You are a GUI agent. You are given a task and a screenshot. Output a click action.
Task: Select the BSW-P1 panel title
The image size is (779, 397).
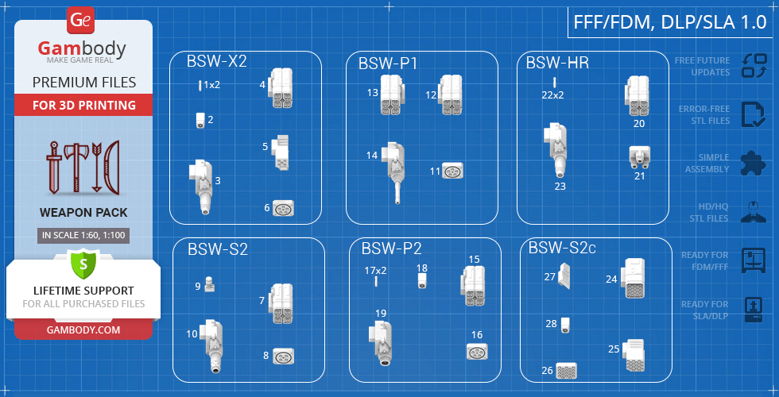tap(387, 64)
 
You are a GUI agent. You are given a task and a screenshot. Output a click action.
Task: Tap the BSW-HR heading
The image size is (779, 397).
tap(557, 63)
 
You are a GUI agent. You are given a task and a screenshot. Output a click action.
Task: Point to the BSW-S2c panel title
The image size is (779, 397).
tap(562, 249)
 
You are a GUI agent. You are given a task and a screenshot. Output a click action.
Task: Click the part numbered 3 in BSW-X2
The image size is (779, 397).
tap(201, 185)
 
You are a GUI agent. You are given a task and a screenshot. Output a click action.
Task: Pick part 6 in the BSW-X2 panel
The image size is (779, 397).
tap(284, 209)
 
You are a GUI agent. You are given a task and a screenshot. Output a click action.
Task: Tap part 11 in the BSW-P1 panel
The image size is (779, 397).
tap(452, 171)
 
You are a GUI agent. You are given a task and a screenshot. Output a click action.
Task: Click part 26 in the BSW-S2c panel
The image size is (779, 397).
tap(566, 371)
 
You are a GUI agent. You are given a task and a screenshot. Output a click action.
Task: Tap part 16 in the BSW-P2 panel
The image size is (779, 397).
tap(477, 351)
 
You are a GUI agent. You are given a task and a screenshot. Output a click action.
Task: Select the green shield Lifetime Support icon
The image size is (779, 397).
tap(83, 261)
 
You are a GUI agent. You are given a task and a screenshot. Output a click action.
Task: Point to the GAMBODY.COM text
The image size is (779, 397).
tap(83, 330)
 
